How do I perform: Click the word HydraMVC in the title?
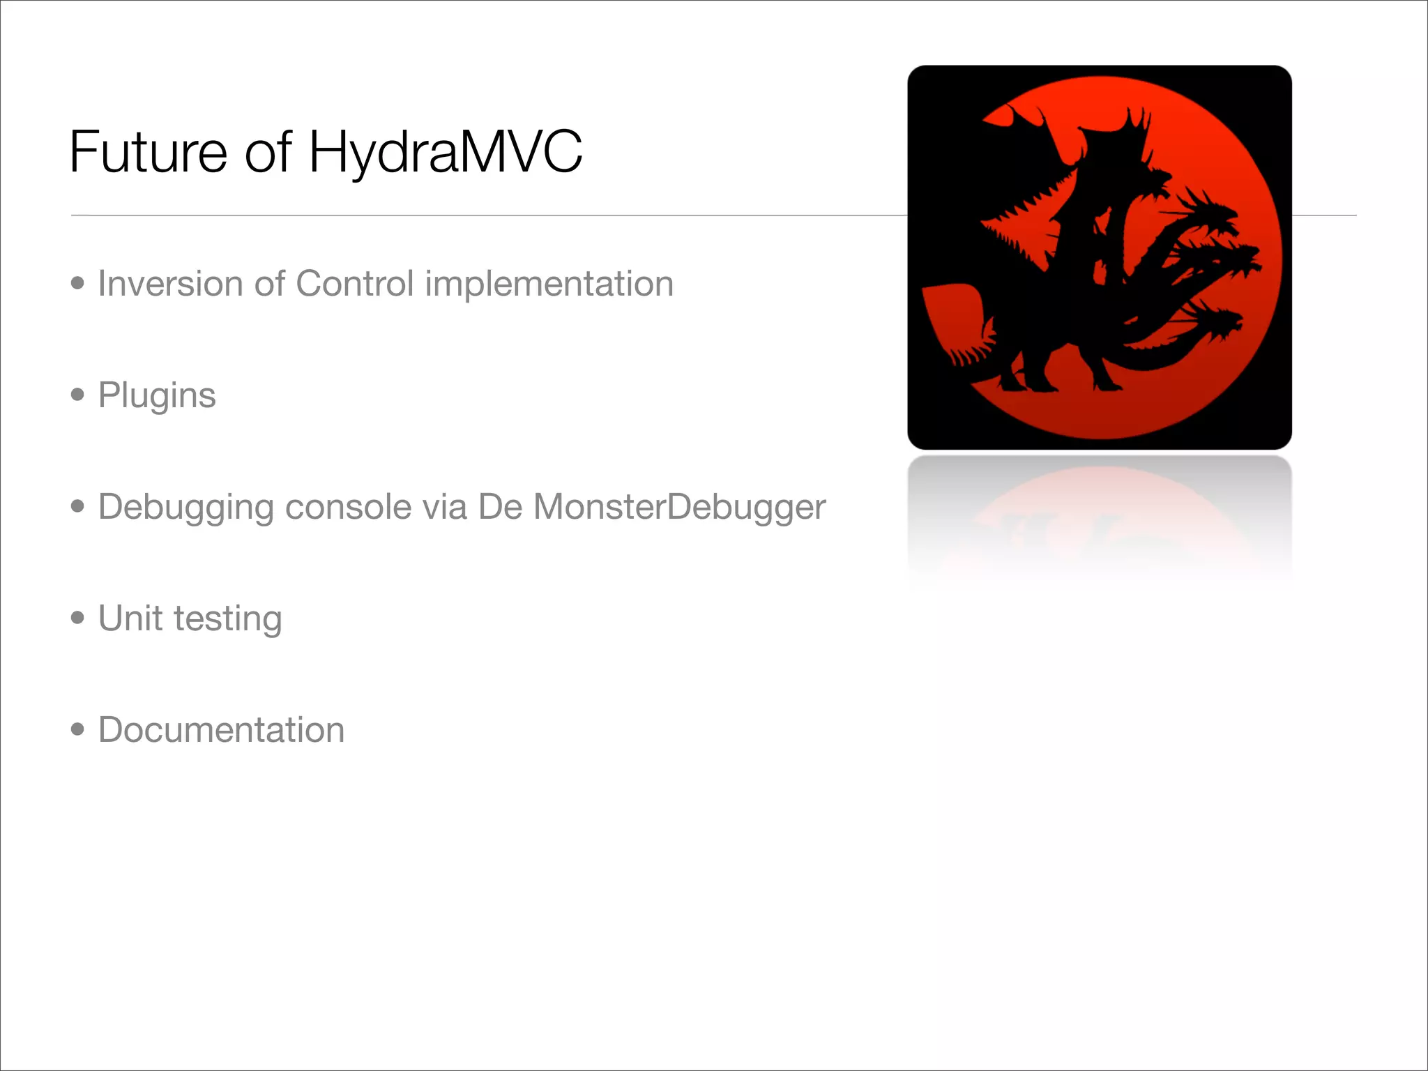pos(445,151)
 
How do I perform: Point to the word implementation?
pos(549,284)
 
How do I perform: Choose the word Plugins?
pos(157,396)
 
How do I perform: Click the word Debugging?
pos(185,507)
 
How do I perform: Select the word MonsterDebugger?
pos(679,507)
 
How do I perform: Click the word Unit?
pos(130,618)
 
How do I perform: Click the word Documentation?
pos(221,730)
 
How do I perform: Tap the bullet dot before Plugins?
pos(77,395)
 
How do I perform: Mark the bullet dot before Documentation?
pos(77,729)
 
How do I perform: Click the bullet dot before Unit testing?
pos(77,618)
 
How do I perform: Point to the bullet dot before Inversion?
pos(77,283)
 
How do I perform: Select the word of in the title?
pos(268,151)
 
